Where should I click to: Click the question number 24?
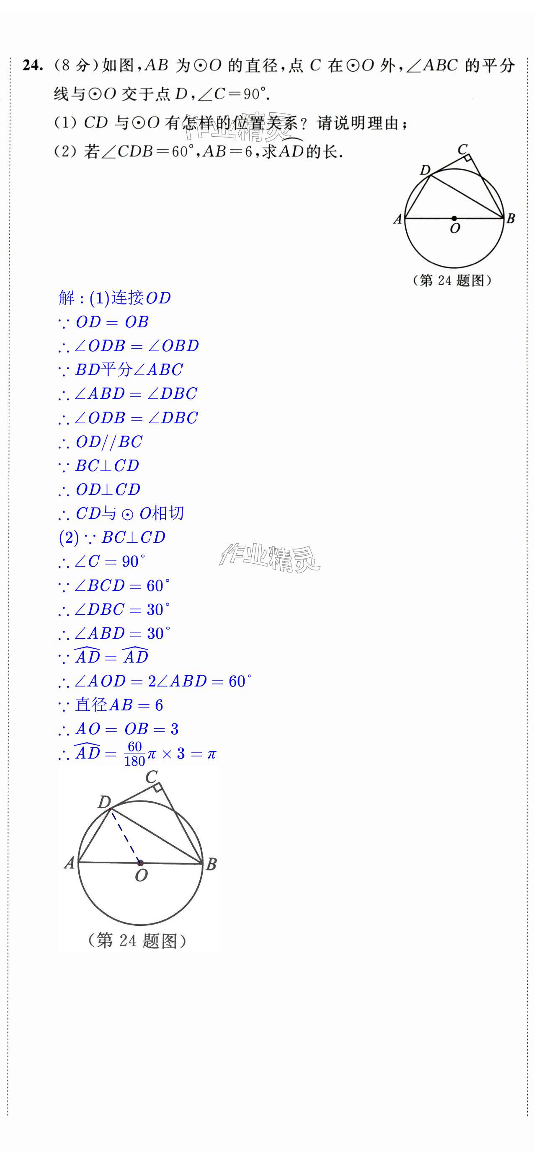pyautogui.click(x=33, y=66)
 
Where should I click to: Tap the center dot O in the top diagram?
pyautogui.click(x=454, y=218)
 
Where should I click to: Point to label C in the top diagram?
pyautogui.click(x=462, y=149)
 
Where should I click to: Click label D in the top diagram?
pyautogui.click(x=425, y=170)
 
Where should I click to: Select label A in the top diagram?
pyautogui.click(x=397, y=220)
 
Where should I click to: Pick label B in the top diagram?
pyautogui.click(x=511, y=219)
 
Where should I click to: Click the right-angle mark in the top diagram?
pyautogui.click(x=468, y=158)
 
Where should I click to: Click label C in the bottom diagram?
pyautogui.click(x=152, y=777)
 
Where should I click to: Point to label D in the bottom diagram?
pyautogui.click(x=104, y=802)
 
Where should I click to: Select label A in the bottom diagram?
pyautogui.click(x=69, y=863)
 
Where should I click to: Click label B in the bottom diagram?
pyautogui.click(x=211, y=864)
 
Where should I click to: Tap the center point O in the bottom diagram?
pyautogui.click(x=140, y=863)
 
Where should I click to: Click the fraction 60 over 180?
pyautogui.click(x=134, y=754)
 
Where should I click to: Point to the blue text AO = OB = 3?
pyautogui.click(x=126, y=729)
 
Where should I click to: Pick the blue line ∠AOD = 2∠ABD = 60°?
pyautogui.click(x=163, y=681)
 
